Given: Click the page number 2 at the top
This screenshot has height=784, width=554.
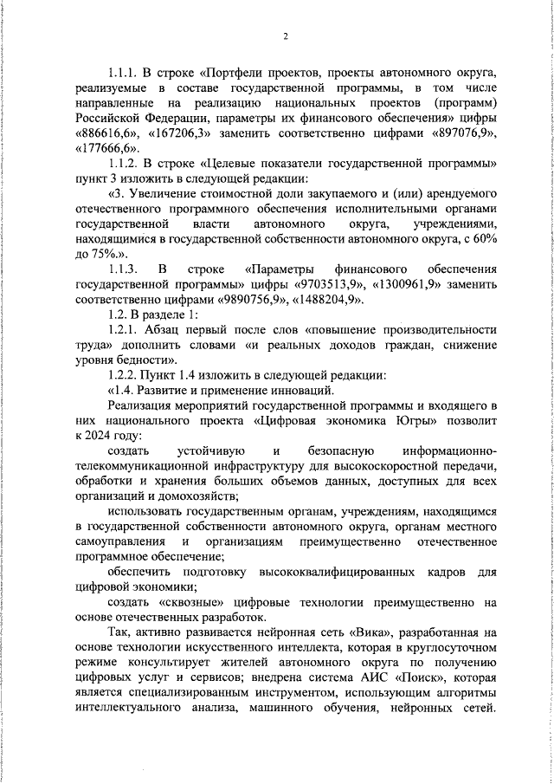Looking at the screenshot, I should [285, 36].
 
